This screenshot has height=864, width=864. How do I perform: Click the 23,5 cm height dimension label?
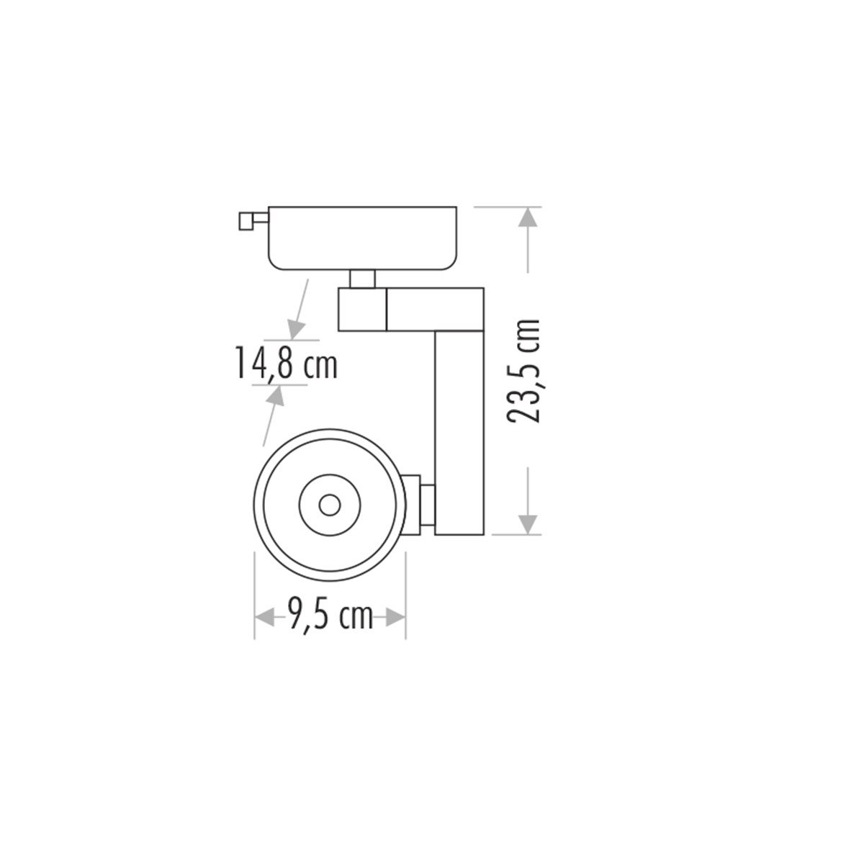pos(524,372)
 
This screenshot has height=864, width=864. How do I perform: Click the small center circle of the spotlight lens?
pos(330,505)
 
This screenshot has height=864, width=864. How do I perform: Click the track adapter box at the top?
pos(363,237)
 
